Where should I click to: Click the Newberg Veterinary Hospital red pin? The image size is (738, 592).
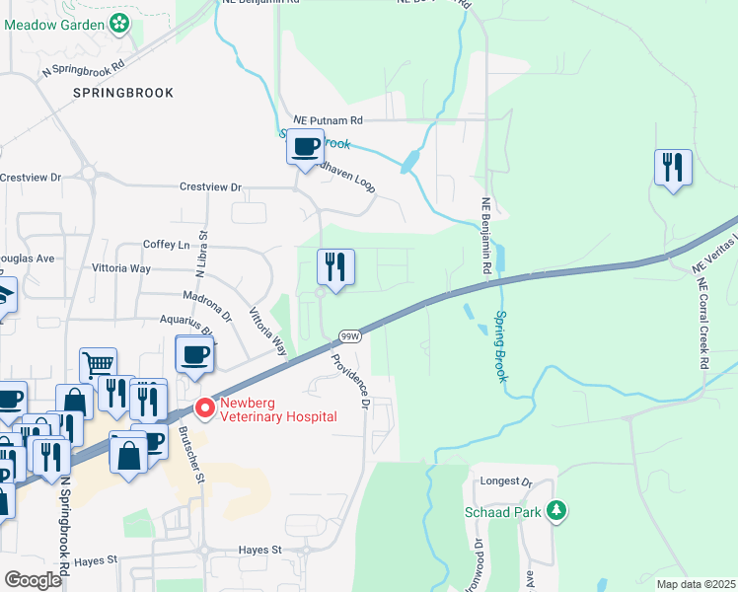click(205, 407)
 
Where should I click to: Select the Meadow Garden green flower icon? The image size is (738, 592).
click(120, 22)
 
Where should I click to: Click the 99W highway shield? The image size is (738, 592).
click(349, 336)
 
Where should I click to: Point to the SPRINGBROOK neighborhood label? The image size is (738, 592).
click(123, 93)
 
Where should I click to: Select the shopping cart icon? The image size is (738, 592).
click(98, 365)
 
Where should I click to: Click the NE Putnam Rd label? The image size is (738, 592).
click(322, 120)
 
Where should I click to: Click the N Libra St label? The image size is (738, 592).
click(205, 254)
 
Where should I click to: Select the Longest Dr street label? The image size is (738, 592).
click(507, 482)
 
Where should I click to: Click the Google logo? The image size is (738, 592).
click(33, 580)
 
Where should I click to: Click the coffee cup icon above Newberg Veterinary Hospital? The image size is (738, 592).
click(194, 354)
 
